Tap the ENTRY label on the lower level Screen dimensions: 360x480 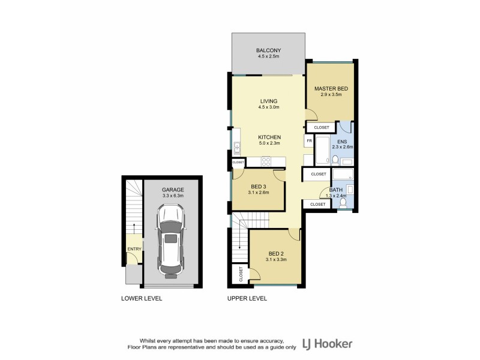[133, 249]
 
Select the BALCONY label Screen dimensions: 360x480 [268, 50]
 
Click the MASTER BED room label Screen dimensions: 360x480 [331, 89]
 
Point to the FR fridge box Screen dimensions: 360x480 [309, 142]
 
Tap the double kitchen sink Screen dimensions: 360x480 [237, 148]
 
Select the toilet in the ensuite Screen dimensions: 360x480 [335, 159]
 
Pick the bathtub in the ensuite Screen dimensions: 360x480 [322, 151]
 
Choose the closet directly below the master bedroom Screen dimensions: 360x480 [321, 127]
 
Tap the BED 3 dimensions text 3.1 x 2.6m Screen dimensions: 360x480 [259, 193]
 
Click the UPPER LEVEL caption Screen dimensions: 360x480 [247, 298]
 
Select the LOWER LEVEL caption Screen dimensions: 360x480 [142, 298]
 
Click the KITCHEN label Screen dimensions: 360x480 [270, 137]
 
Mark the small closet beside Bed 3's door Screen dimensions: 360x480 [238, 162]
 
